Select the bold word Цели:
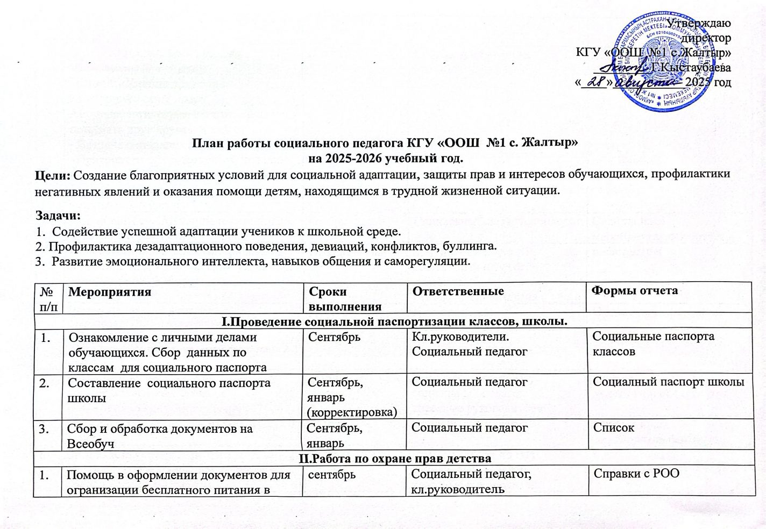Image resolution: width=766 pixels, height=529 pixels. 53,175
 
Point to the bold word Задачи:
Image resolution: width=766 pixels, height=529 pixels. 58,216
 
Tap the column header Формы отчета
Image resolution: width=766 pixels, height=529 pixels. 635,291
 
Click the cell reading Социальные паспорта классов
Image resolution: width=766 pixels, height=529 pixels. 653,344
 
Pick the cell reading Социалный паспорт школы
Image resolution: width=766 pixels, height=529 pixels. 669,382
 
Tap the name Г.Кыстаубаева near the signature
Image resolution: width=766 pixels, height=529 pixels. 691,68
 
